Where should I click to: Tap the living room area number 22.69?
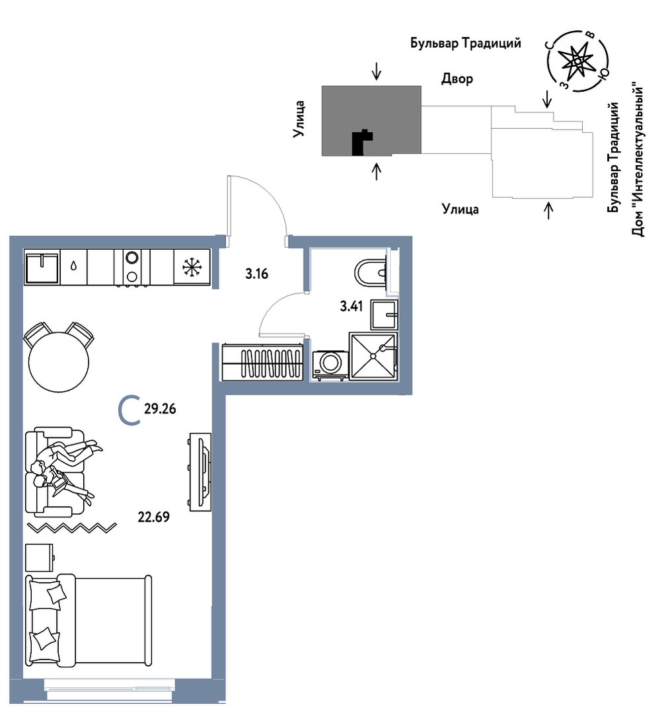[154, 517]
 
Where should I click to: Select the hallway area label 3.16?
[256, 274]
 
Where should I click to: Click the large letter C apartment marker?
[128, 410]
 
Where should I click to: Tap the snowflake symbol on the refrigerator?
[192, 268]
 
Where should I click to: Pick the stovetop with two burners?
[132, 267]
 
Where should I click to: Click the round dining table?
[59, 362]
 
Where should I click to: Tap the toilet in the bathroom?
[371, 271]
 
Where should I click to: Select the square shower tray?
[373, 356]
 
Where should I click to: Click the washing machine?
[330, 363]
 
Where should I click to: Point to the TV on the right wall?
[201, 472]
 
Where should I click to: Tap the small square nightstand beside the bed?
[40, 558]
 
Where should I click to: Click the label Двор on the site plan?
[457, 79]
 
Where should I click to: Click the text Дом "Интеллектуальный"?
[638, 159]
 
